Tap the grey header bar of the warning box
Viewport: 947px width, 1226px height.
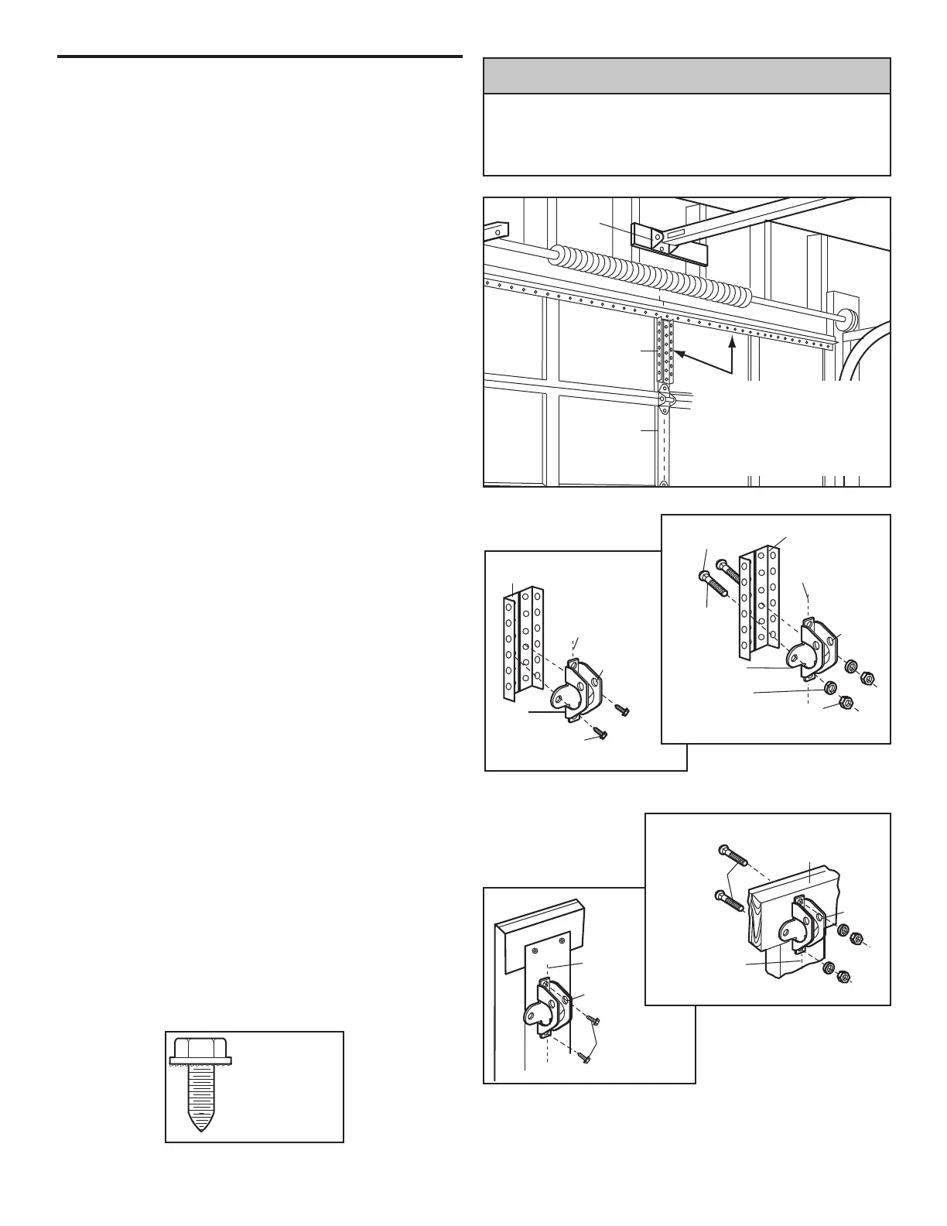(686, 76)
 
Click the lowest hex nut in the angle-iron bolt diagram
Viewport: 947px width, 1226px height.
(846, 703)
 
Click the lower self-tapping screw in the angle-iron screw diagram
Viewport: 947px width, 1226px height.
(600, 733)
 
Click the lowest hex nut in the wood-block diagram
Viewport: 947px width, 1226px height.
(845, 975)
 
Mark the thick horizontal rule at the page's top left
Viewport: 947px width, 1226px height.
(260, 57)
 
